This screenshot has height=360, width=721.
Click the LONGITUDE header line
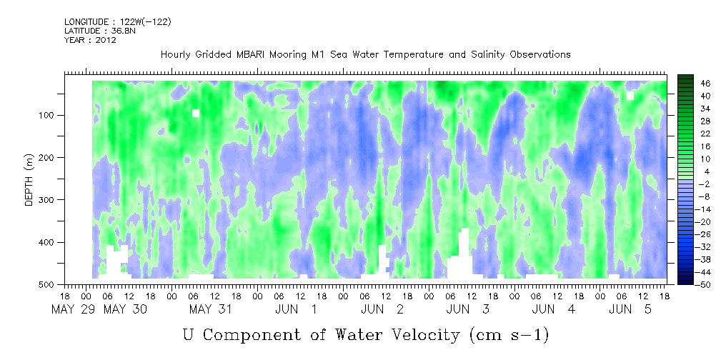pyautogui.click(x=118, y=21)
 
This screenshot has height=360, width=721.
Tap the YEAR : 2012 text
pyautogui.click(x=90, y=40)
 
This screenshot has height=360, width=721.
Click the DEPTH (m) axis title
pyautogui.click(x=29, y=179)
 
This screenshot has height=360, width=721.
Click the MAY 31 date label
pyautogui.click(x=211, y=309)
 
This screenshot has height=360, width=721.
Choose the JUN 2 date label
pyautogui.click(x=382, y=309)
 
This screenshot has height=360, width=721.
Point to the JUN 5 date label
pyautogui.click(x=630, y=309)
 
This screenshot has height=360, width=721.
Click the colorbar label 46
pyautogui.click(x=693, y=84)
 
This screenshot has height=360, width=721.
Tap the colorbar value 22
pyautogui.click(x=693, y=136)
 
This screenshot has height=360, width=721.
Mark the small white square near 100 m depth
pyautogui.click(x=195, y=113)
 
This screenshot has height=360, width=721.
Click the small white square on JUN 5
pyautogui.click(x=630, y=96)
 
